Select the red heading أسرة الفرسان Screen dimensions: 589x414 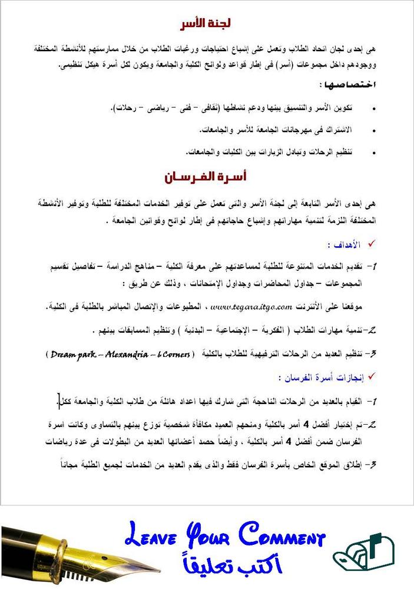(x=204, y=176)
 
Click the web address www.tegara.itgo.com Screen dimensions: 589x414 (x=251, y=306)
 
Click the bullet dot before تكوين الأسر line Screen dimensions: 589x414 (x=373, y=110)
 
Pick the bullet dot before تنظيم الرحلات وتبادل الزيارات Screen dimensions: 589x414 (x=373, y=152)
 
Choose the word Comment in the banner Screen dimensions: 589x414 (x=283, y=538)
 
